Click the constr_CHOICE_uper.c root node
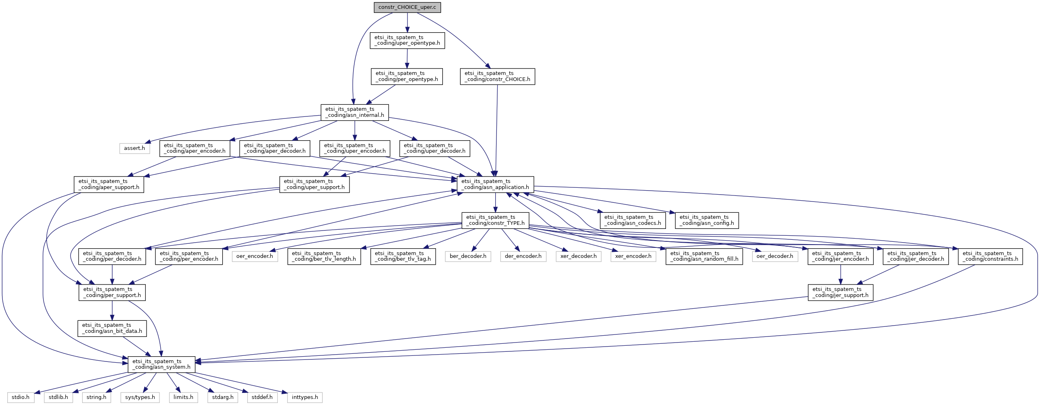coord(407,8)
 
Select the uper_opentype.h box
coord(407,40)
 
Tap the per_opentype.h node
coord(407,77)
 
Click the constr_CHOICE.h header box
coord(497,77)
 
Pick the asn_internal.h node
coord(354,112)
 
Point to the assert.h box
coord(134,148)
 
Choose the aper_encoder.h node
coord(194,148)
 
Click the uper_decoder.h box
coord(434,148)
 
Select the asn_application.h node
coord(495,184)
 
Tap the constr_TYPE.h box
coord(495,220)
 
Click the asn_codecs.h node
coord(633,220)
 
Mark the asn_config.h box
coord(707,220)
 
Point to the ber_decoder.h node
coord(468,256)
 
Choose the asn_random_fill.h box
coord(704,256)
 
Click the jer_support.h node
coord(840,292)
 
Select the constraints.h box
coord(990,256)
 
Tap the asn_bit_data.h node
coord(112,328)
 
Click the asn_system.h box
coord(161,364)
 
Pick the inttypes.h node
coord(305,397)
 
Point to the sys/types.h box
coord(140,397)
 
